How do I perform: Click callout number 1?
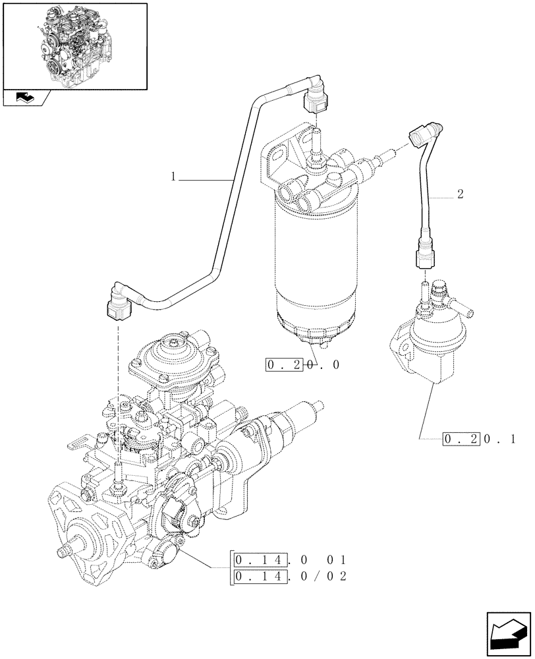(173, 177)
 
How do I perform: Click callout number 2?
(459, 194)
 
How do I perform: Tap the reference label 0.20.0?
(302, 364)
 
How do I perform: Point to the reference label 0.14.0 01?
(289, 561)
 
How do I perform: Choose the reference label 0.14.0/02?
(289, 577)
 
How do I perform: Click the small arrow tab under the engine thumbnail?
(26, 98)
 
